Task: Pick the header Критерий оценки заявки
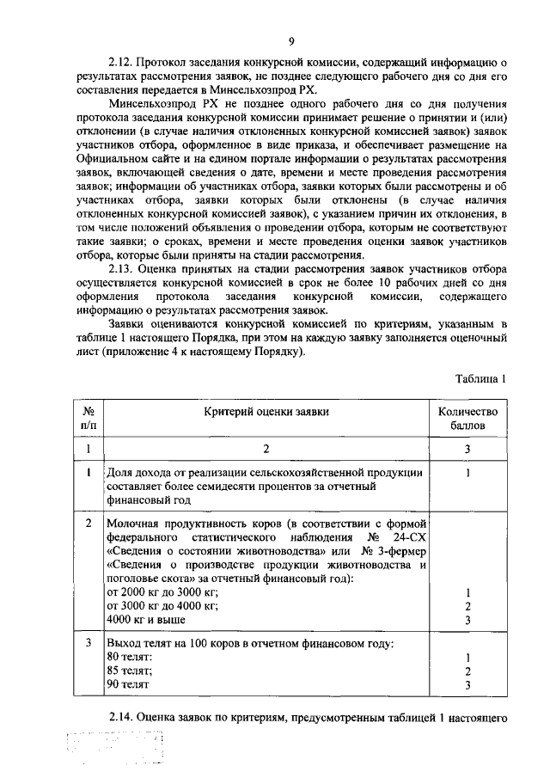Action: (266, 412)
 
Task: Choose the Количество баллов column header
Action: (467, 418)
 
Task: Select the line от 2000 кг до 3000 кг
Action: (162, 592)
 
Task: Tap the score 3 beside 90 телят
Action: (467, 685)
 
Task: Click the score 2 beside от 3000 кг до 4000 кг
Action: (467, 606)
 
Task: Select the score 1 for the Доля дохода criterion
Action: (467, 473)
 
